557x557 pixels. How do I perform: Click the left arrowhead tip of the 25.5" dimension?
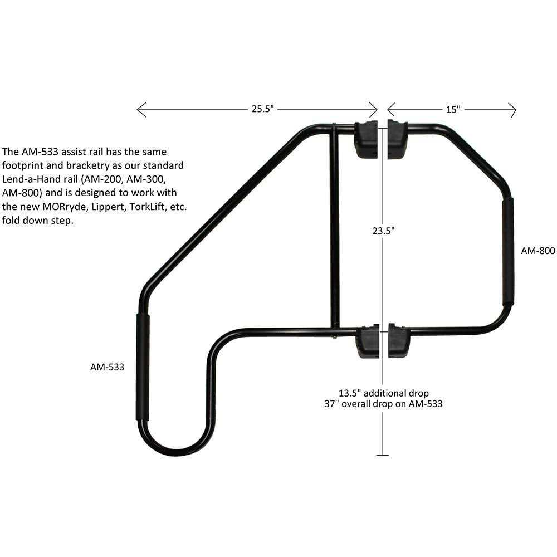[x=137, y=110]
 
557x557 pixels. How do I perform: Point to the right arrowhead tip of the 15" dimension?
[x=516, y=110]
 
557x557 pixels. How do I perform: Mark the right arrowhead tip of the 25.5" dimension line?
[x=377, y=110]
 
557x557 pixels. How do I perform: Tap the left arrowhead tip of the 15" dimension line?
[x=388, y=110]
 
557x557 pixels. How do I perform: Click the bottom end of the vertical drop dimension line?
[x=383, y=455]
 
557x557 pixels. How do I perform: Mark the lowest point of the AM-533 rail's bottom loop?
[x=177, y=456]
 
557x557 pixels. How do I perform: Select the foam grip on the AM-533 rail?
[x=143, y=367]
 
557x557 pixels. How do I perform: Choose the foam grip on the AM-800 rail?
[x=508, y=251]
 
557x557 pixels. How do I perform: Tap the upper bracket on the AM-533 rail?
[x=366, y=139]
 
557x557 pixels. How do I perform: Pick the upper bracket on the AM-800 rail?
[x=398, y=139]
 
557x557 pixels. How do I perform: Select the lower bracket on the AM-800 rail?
[x=399, y=340]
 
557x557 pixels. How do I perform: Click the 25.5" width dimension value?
[x=263, y=109]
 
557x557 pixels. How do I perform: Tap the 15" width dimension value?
[x=453, y=109]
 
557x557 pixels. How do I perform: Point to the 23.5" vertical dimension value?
[x=384, y=231]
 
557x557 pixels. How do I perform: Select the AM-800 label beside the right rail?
[x=538, y=251]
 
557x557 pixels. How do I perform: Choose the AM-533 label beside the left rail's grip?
[x=108, y=367]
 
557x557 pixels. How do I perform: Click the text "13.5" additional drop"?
[x=384, y=393]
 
